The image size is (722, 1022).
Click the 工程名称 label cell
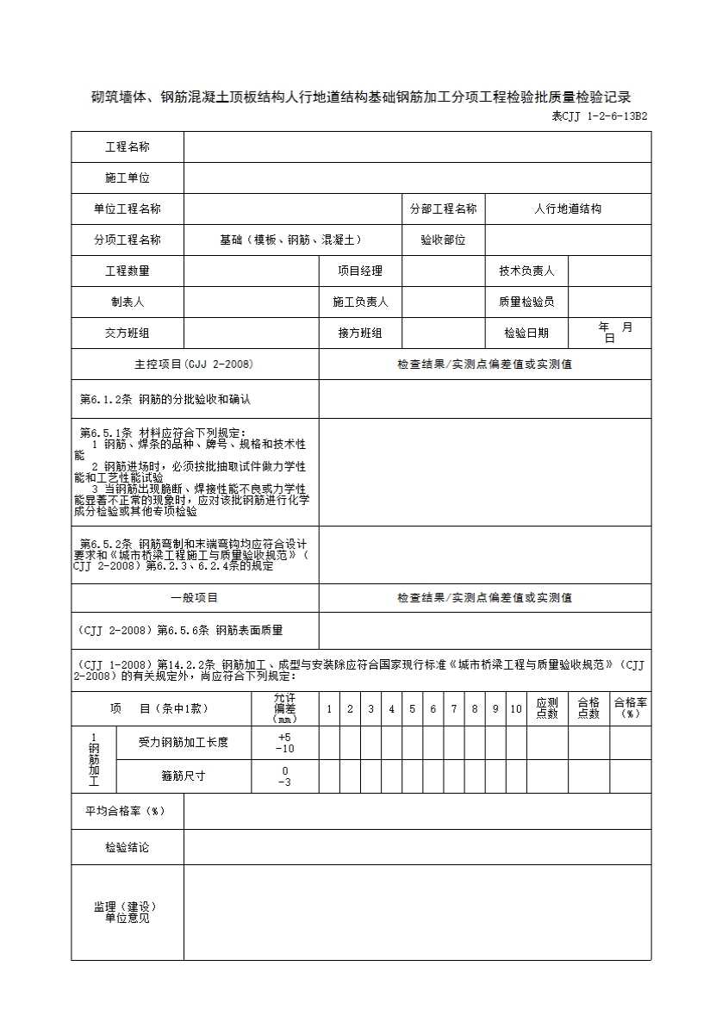tap(128, 147)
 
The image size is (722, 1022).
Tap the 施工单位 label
tap(128, 178)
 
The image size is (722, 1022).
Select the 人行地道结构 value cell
tap(568, 209)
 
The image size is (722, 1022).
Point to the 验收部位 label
tap(443, 240)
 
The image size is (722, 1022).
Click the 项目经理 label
tap(360, 271)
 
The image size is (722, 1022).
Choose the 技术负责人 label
tap(526, 271)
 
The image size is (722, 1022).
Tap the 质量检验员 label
tap(526, 302)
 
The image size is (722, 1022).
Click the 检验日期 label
tap(526, 333)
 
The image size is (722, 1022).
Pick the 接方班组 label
tap(360, 333)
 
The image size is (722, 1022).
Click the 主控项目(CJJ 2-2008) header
tap(195, 365)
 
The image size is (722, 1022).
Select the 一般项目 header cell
tap(195, 598)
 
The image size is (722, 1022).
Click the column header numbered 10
tap(516, 709)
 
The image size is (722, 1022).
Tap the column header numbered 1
tap(329, 709)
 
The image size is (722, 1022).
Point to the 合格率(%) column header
tap(631, 708)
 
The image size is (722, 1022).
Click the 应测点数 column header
tap(547, 708)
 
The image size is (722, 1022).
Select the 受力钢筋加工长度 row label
tap(184, 742)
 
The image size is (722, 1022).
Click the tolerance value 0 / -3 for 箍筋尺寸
tap(285, 776)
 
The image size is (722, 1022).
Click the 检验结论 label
tap(128, 848)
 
